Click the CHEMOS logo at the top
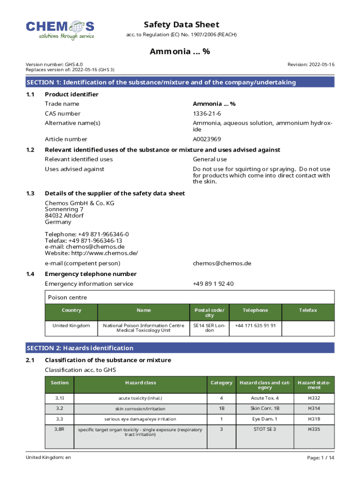pos(60,30)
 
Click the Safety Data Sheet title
pos(181,25)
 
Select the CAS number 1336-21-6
pos(207,114)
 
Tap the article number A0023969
pos(207,139)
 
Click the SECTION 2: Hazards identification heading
pos(80,348)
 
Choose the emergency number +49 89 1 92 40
pos(213,284)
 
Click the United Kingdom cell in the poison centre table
pos(71,325)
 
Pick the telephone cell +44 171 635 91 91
pos(255,325)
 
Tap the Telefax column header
pos(308,310)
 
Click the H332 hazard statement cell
pos(314,398)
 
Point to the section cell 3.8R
pos(59,429)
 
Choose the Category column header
pos(221,383)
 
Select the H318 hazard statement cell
pos(314,419)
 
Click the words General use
pos(209,160)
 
